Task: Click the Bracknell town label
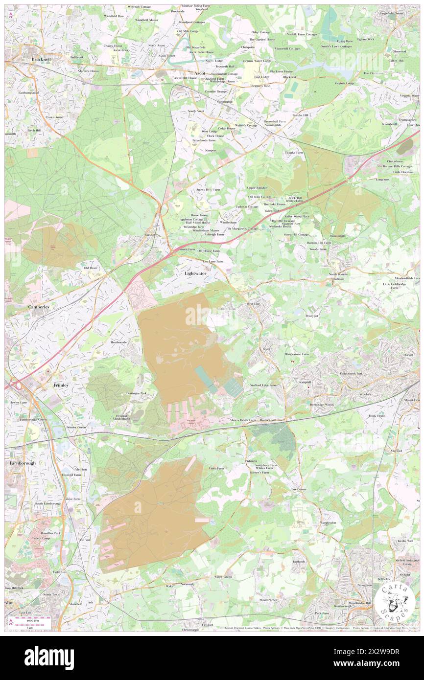coord(41,59)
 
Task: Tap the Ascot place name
coord(200,73)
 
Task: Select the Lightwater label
coord(195,273)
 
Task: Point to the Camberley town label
coord(40,307)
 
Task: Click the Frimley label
coord(61,385)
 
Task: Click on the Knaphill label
coord(306,382)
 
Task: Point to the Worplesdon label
coord(329,522)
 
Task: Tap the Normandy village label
coord(188,584)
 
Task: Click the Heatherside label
coord(118,342)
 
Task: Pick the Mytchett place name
coord(81,469)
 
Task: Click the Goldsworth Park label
coord(352,373)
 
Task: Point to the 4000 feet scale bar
coord(31,620)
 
